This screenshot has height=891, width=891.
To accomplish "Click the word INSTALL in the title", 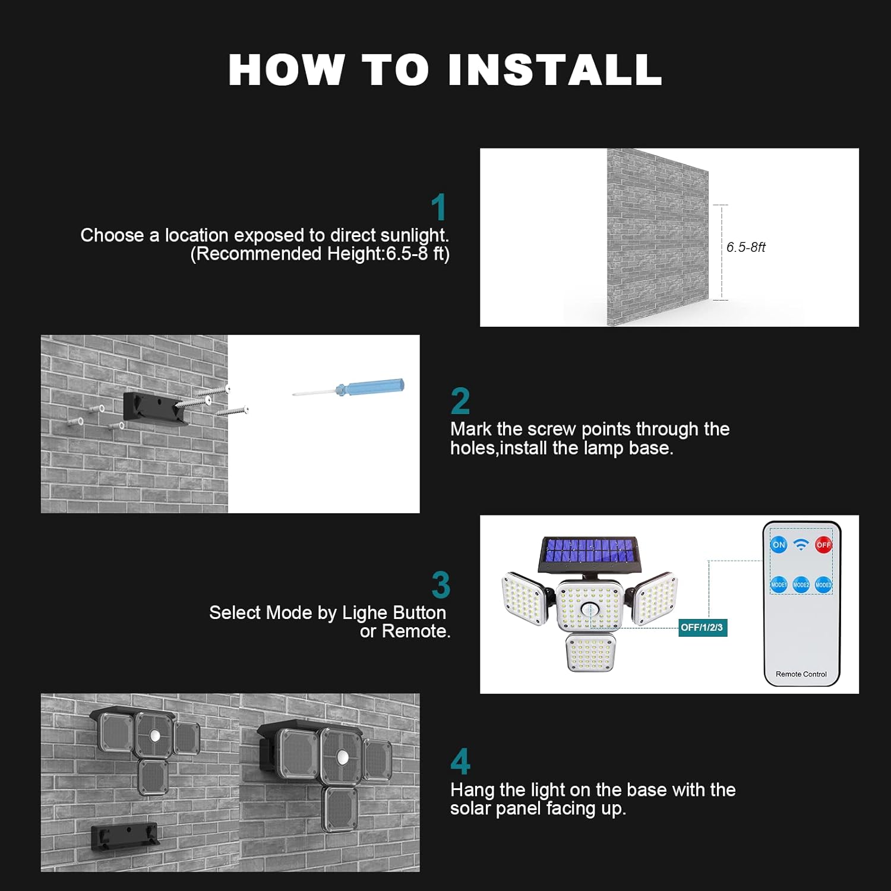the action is [x=555, y=70].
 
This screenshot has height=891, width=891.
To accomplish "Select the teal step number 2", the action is [x=460, y=401].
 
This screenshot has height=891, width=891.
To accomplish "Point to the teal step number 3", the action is [x=441, y=584].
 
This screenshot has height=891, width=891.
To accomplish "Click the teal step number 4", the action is [x=460, y=762].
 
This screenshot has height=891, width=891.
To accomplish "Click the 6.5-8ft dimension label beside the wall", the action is [x=746, y=247].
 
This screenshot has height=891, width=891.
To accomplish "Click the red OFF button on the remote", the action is [x=823, y=545].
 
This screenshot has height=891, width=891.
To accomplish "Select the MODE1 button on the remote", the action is [x=779, y=584].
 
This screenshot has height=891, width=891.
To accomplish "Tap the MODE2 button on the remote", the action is [x=801, y=584].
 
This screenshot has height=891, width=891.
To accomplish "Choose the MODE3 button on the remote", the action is [x=823, y=584].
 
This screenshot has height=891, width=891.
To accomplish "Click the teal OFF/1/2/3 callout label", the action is [x=703, y=627].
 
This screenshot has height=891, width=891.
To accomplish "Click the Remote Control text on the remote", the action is [x=801, y=674].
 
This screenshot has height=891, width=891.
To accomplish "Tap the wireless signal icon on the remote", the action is [x=801, y=545].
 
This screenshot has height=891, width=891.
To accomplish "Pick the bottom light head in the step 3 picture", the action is [x=590, y=652].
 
